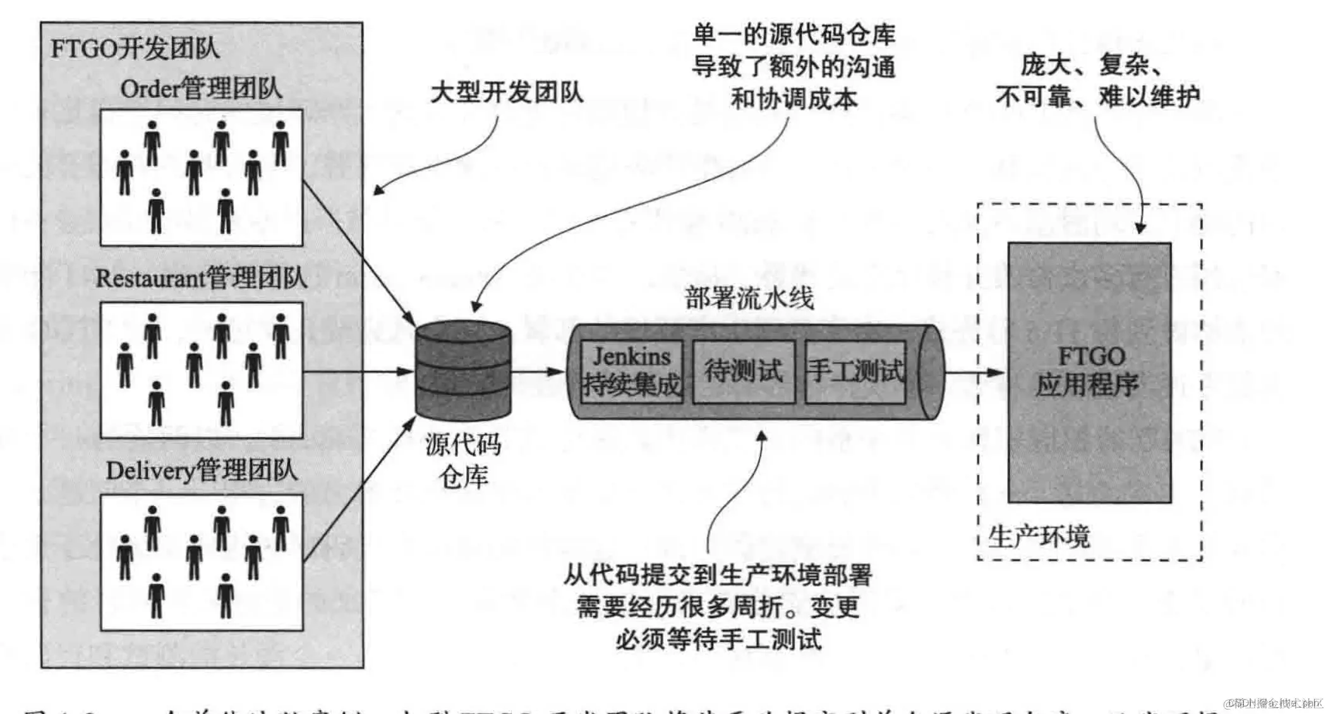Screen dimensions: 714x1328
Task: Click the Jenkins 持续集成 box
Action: pyautogui.click(x=631, y=372)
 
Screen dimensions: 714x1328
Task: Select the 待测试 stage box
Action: pyautogui.click(x=743, y=372)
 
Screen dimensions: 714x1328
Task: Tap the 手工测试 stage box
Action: pyautogui.click(x=855, y=372)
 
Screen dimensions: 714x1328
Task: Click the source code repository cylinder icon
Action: pyautogui.click(x=463, y=370)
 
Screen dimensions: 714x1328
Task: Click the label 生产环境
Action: pyautogui.click(x=1038, y=537)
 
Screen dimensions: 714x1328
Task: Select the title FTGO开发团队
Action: pyautogui.click(x=135, y=49)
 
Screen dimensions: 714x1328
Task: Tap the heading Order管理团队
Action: pyautogui.click(x=201, y=89)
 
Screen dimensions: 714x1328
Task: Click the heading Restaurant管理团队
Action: pyautogui.click(x=201, y=278)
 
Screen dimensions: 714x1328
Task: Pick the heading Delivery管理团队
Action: pyautogui.click(x=201, y=471)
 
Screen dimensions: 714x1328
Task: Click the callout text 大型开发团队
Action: pyautogui.click(x=507, y=93)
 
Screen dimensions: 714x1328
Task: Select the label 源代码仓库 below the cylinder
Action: pyautogui.click(x=463, y=460)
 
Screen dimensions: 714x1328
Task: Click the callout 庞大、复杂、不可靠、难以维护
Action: pyautogui.click(x=1097, y=81)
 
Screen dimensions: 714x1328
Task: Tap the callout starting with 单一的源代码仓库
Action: pyautogui.click(x=794, y=66)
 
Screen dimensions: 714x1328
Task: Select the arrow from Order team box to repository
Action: pyautogui.click(x=358, y=253)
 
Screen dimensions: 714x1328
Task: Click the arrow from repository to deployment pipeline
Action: pyautogui.click(x=537, y=372)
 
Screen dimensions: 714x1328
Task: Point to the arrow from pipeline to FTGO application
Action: pyautogui.click(x=973, y=372)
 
